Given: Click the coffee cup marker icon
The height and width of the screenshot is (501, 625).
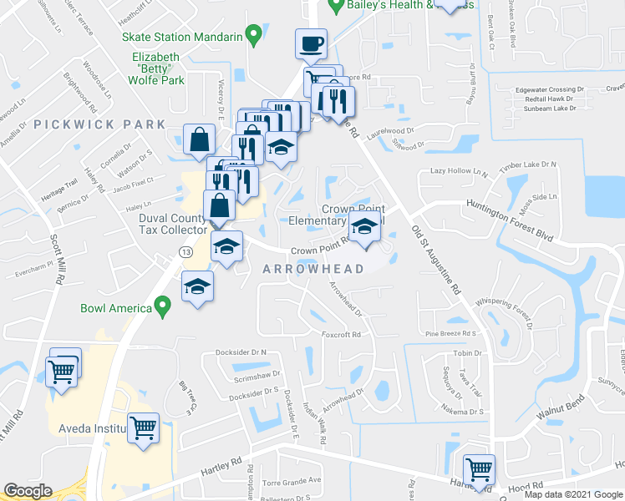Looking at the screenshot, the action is (311, 43).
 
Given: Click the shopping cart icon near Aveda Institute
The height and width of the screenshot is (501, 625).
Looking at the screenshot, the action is (144, 428).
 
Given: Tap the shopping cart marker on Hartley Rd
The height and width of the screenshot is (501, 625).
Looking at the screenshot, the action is (479, 469).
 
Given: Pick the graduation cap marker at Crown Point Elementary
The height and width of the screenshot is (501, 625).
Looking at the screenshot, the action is (364, 226).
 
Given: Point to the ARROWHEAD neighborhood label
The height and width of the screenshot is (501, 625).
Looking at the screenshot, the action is (313, 269).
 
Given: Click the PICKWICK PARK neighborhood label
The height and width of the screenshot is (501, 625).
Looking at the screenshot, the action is (100, 124).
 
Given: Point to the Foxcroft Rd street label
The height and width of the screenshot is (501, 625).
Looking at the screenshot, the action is (341, 335).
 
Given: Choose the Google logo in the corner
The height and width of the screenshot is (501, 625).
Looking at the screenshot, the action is (28, 491).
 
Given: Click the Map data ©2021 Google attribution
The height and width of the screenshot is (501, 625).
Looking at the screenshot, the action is (573, 494).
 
